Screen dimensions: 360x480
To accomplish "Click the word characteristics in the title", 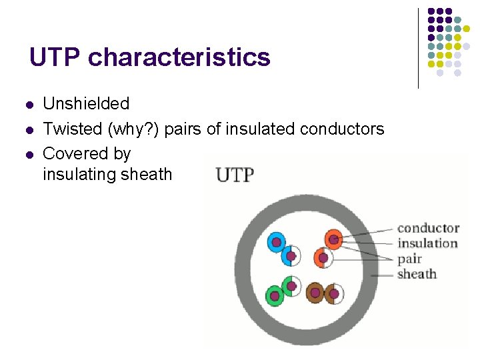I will pyautogui.click(x=179, y=58).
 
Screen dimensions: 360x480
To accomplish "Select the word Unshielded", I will pyautogui.click(x=86, y=104).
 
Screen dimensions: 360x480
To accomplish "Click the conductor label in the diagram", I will pyautogui.click(x=428, y=229).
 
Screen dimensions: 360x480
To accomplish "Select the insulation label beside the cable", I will pyautogui.click(x=427, y=243).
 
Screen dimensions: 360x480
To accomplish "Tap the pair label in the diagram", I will pyautogui.click(x=409, y=259).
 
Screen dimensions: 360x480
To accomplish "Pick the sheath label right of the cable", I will pyautogui.click(x=417, y=274).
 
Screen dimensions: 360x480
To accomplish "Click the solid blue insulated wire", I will pyautogui.click(x=276, y=242).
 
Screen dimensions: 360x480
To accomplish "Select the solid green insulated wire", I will pyautogui.click(x=274, y=295).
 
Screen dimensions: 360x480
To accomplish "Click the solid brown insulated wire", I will pyautogui.click(x=315, y=293).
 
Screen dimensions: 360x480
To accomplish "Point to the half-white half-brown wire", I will pyautogui.click(x=333, y=293).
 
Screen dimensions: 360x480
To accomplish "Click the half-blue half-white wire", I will pyautogui.click(x=291, y=255).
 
